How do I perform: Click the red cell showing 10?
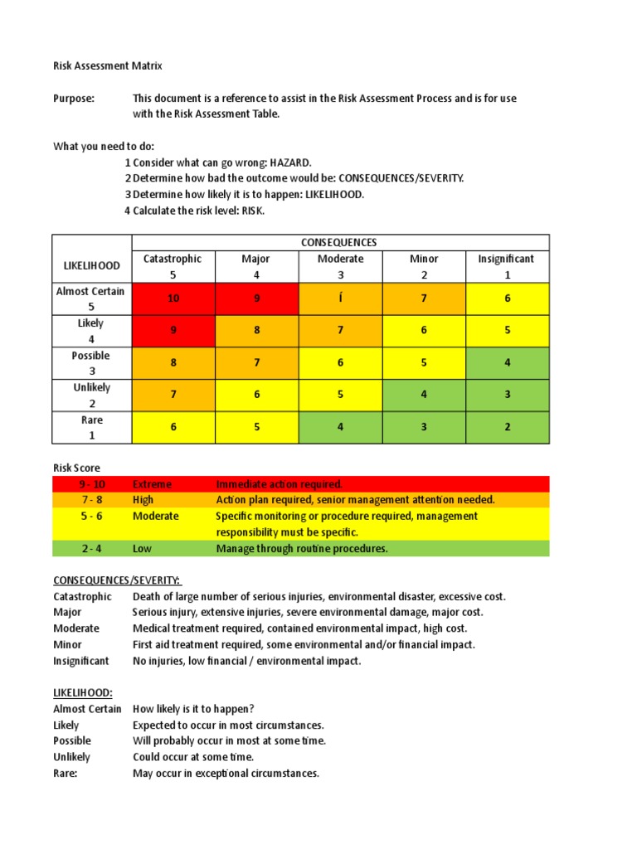[173, 298]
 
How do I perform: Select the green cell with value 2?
[507, 427]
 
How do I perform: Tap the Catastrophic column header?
[173, 266]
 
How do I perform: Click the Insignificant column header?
[507, 266]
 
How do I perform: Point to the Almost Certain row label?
[91, 298]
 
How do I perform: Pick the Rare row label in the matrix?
[91, 427]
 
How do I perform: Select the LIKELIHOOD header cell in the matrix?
[91, 266]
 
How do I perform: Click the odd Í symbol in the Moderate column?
[340, 298]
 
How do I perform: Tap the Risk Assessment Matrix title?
[114, 65]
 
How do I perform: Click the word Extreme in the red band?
[153, 484]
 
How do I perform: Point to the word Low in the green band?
[142, 548]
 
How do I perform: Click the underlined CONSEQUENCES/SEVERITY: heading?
[117, 580]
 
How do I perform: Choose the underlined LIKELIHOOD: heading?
[82, 692]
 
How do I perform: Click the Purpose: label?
[74, 98]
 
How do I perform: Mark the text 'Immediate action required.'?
[279, 484]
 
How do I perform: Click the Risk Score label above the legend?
[76, 468]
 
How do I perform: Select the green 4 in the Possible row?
[507, 362]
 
